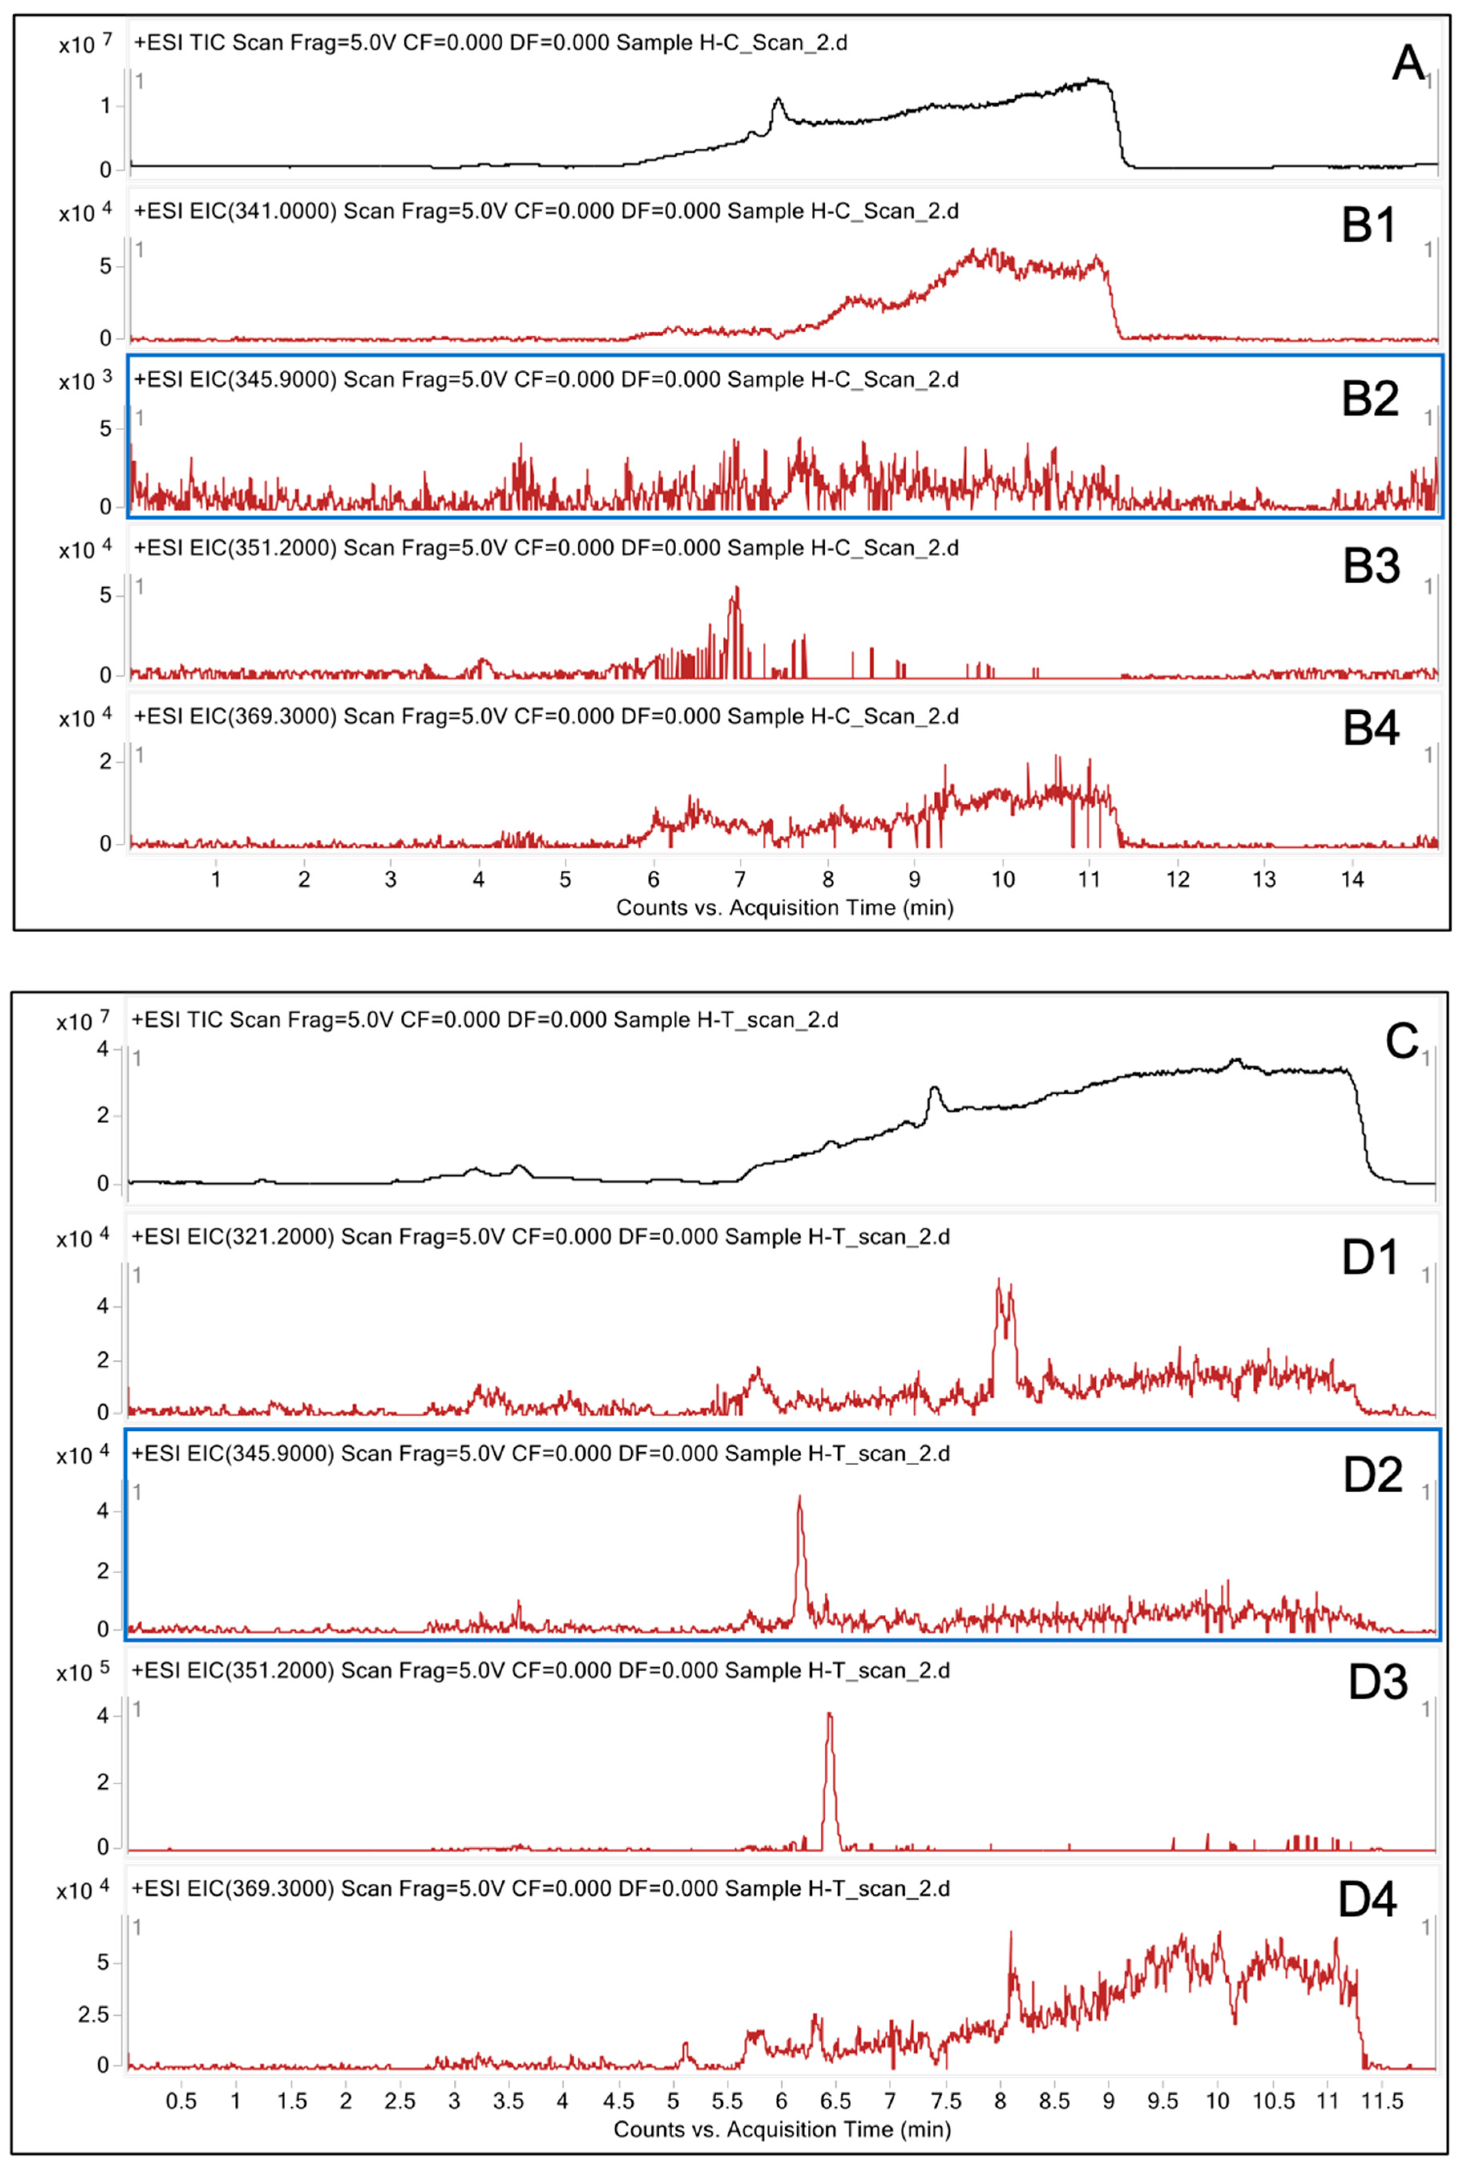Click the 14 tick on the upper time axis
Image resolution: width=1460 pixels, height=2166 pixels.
[x=1351, y=879]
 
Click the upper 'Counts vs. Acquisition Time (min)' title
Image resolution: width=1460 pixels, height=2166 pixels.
[x=784, y=907]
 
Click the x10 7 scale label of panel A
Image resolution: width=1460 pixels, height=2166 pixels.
[x=86, y=43]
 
